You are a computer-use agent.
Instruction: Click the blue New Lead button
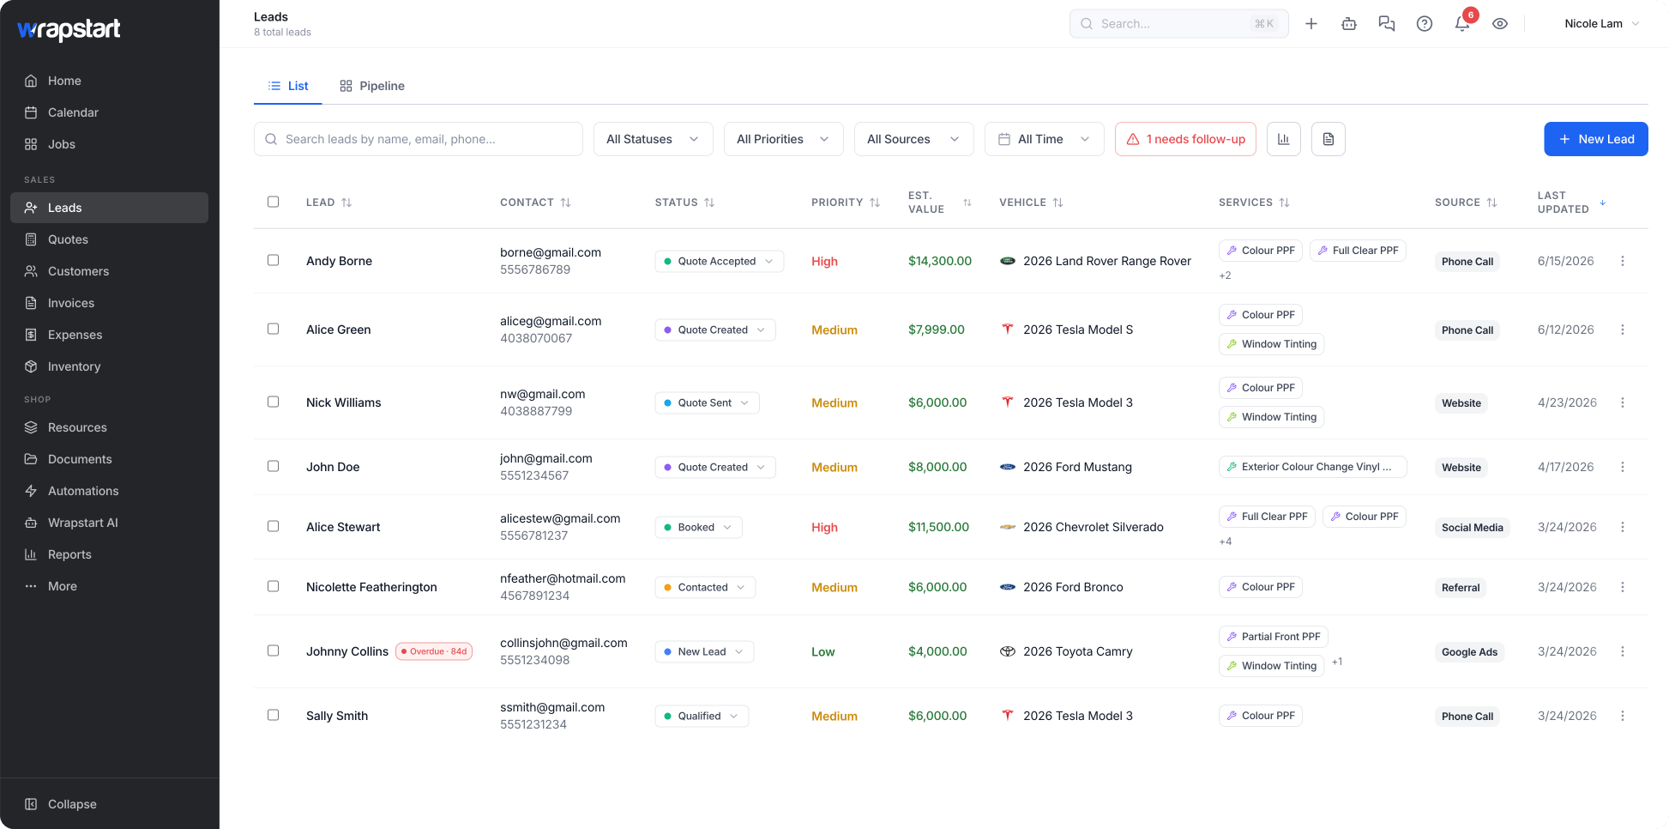point(1595,139)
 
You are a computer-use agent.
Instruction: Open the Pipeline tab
point(372,86)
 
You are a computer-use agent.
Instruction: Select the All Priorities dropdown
point(783,139)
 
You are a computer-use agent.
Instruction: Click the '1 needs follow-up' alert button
point(1185,139)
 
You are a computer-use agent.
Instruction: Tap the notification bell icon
point(1462,24)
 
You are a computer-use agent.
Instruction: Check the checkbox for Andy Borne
point(274,260)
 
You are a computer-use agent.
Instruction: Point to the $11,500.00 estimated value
point(938,527)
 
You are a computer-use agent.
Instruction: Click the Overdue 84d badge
point(434,651)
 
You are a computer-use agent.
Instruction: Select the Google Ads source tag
point(1469,652)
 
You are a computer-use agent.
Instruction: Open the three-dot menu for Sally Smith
point(1622,716)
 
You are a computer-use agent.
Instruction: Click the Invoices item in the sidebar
point(71,303)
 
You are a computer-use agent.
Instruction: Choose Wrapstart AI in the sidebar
point(83,523)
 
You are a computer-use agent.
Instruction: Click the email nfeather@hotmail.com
point(563,578)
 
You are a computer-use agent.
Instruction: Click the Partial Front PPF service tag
point(1273,637)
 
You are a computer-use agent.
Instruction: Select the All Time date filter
point(1044,139)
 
